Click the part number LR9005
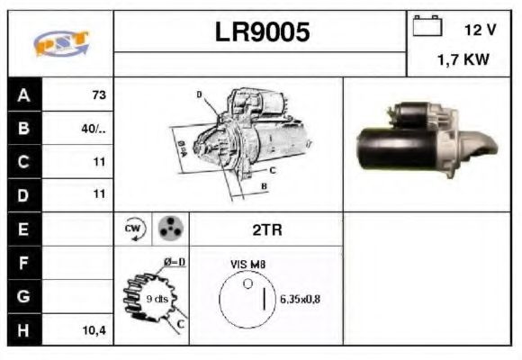coord(262,32)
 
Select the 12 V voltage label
coord(480,30)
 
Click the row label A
coord(23,94)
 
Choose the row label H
coord(23,330)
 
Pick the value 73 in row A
coord(98,94)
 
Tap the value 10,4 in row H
coord(94,330)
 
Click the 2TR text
coord(266,229)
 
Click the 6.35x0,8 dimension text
coord(300,299)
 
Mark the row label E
coord(23,229)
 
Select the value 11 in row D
coord(99,193)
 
